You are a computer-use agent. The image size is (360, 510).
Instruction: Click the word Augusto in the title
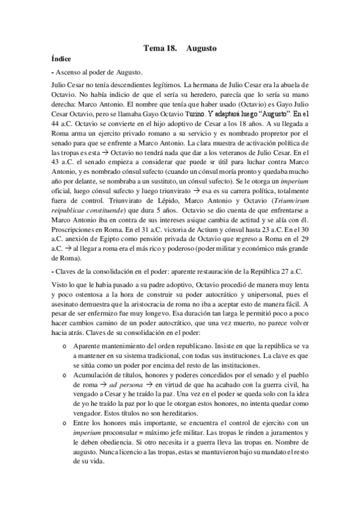(x=201, y=47)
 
